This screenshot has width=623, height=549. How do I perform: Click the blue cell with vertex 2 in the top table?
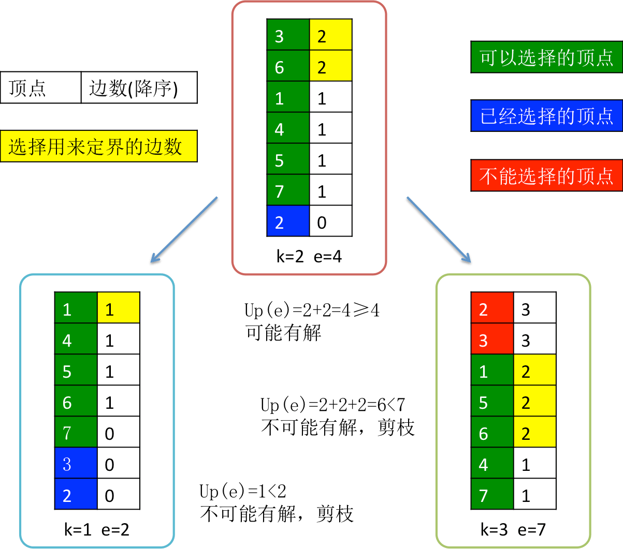click(x=288, y=221)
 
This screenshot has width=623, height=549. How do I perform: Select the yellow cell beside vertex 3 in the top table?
click(x=331, y=35)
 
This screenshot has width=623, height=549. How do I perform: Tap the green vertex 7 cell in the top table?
click(x=288, y=190)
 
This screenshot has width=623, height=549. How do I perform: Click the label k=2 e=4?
click(x=309, y=256)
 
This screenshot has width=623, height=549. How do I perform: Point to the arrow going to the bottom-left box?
click(x=184, y=230)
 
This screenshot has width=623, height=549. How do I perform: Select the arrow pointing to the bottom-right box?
click(x=439, y=230)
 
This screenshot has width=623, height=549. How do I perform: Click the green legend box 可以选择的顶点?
click(x=546, y=57)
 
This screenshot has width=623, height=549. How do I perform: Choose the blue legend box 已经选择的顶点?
click(x=546, y=116)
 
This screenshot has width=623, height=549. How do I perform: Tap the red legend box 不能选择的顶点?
click(x=546, y=175)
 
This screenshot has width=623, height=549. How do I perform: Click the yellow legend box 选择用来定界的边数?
click(x=98, y=146)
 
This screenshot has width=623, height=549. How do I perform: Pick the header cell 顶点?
click(x=41, y=87)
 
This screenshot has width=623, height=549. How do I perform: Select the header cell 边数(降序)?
click(x=139, y=87)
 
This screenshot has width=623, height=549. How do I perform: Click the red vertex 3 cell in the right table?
click(x=492, y=339)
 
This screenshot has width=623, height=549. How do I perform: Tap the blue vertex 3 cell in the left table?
click(x=76, y=463)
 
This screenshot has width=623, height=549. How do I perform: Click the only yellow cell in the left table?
click(x=119, y=308)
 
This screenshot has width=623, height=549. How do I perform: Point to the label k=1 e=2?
click(x=96, y=529)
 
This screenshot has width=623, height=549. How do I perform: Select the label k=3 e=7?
click(x=513, y=529)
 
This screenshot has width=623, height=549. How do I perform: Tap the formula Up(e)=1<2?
click(x=243, y=491)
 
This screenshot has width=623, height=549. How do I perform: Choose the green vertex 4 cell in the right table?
click(x=492, y=463)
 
